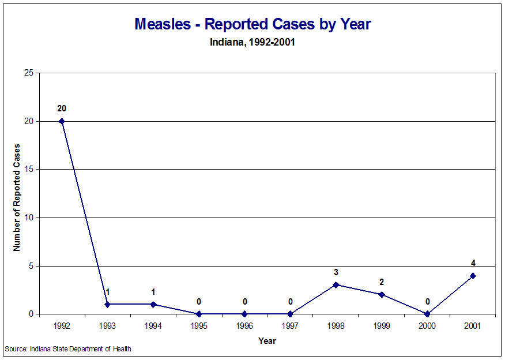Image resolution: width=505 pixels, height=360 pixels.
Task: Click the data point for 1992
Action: tap(62, 121)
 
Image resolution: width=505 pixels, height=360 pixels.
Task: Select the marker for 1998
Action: tap(336, 284)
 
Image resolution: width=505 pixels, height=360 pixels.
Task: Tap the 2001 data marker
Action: tap(473, 275)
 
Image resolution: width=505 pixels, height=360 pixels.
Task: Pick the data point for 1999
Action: tap(382, 294)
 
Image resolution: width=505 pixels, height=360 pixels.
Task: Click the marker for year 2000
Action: tap(427, 314)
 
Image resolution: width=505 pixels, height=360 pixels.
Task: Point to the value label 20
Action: tap(62, 108)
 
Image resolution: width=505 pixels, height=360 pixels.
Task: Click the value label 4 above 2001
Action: tap(473, 263)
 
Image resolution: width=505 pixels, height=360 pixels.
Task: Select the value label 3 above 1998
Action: tap(336, 272)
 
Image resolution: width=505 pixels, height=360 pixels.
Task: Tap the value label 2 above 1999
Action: tap(382, 282)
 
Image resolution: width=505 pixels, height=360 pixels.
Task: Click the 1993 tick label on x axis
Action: tap(107, 327)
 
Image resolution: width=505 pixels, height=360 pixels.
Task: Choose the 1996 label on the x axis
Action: tap(244, 327)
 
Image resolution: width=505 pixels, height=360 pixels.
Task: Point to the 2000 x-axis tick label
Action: tap(427, 327)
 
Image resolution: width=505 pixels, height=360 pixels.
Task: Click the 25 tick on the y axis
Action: tap(28, 73)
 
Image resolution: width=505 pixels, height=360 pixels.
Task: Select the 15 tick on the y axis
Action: tap(28, 170)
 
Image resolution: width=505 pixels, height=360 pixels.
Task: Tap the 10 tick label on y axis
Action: tap(28, 217)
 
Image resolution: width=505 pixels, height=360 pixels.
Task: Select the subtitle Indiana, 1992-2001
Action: tap(252, 42)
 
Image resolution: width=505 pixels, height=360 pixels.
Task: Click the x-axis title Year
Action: tap(267, 341)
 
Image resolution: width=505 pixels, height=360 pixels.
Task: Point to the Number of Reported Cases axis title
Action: tap(17, 197)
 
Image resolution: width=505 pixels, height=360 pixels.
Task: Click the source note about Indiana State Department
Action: tap(68, 349)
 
